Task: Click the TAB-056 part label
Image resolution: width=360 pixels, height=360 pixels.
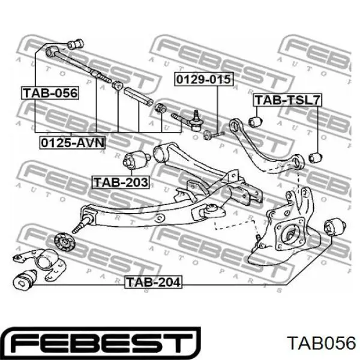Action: (50, 93)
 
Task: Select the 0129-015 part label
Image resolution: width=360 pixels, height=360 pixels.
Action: (203, 79)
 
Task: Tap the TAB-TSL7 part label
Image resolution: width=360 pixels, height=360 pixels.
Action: (287, 100)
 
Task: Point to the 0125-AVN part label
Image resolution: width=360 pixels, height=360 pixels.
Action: (73, 143)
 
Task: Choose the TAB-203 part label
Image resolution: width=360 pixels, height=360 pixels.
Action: (121, 182)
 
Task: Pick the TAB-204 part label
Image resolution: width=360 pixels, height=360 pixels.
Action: (153, 282)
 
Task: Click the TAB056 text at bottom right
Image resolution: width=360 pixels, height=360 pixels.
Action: (322, 343)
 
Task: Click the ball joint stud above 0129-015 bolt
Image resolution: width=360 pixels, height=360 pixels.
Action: (194, 121)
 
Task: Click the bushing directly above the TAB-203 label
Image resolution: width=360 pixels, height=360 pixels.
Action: (137, 159)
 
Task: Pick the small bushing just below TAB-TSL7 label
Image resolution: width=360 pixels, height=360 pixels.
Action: (256, 121)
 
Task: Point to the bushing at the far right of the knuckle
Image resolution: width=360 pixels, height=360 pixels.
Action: (335, 227)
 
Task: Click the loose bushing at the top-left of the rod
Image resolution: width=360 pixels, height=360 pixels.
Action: (75, 44)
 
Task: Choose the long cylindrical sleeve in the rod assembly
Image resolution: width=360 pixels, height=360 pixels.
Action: (138, 97)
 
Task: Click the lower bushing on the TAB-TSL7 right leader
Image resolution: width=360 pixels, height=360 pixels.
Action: (316, 157)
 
